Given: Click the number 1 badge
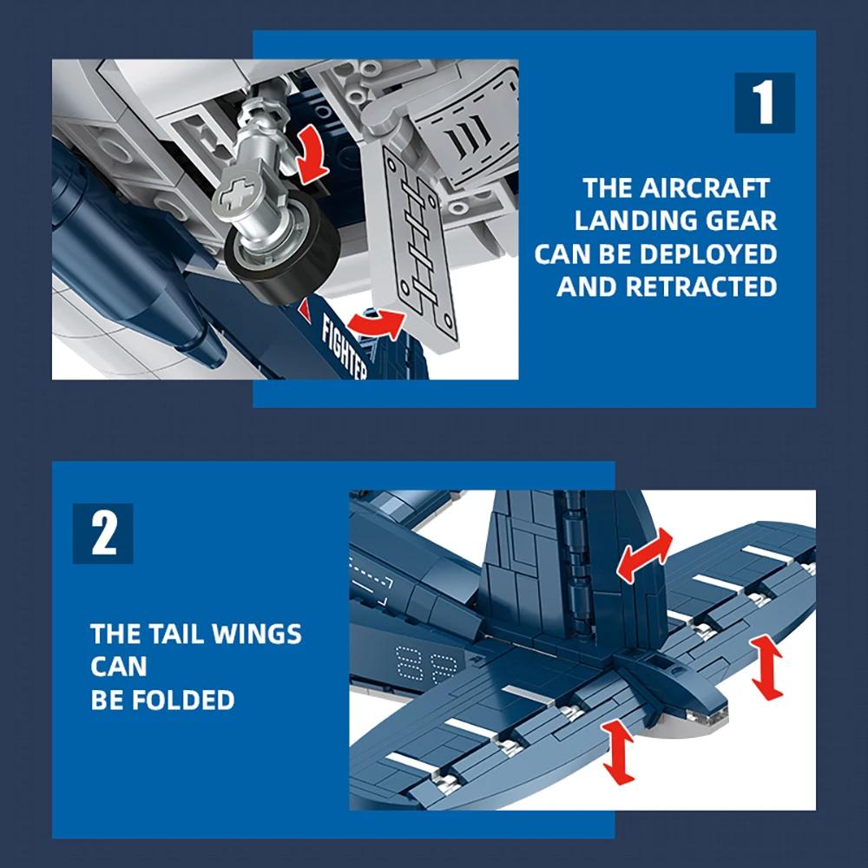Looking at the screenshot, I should pyautogui.click(x=764, y=102).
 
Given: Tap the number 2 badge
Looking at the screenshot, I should pyautogui.click(x=103, y=533).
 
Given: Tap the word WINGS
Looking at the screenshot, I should pyautogui.click(x=258, y=634).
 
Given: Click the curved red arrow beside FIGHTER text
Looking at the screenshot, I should pyautogui.click(x=375, y=324).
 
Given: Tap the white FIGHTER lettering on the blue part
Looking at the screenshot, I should pyautogui.click(x=345, y=348).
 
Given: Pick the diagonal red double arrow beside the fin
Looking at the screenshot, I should pyautogui.click(x=643, y=553).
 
